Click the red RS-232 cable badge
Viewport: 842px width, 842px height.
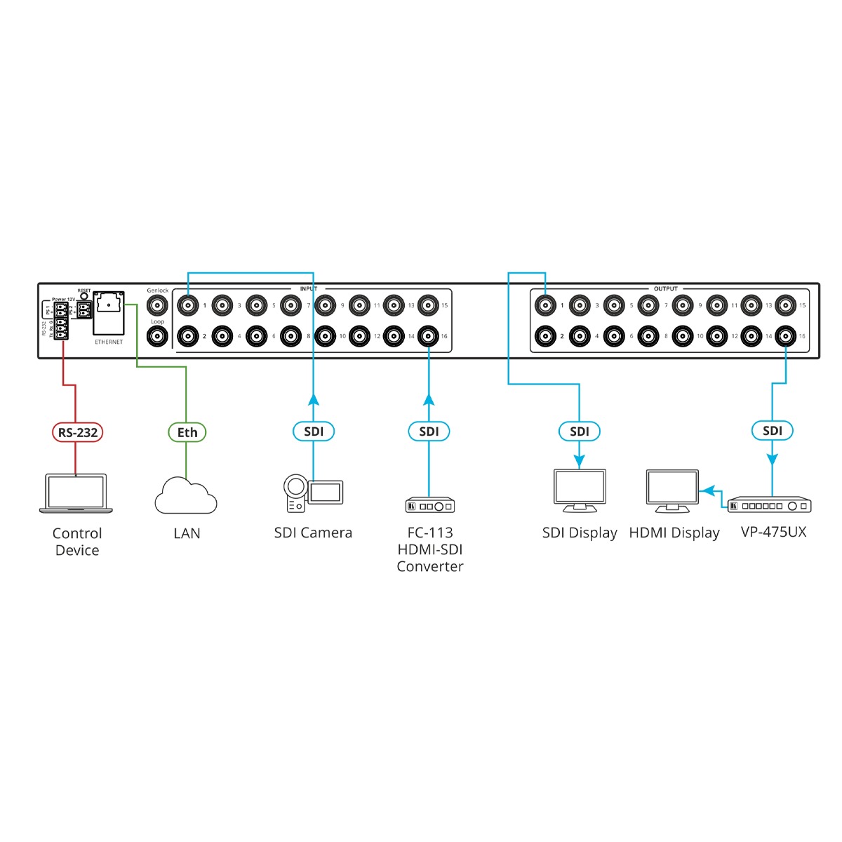(77, 432)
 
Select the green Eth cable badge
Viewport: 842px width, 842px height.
(187, 432)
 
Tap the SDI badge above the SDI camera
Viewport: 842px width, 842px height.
(313, 432)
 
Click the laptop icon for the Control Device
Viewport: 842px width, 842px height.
(76, 493)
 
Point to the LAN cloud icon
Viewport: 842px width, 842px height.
(186, 495)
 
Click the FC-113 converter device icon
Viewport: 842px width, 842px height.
(429, 505)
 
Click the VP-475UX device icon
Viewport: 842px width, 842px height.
(770, 505)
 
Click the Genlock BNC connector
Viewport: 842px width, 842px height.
(157, 306)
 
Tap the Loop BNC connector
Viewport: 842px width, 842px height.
(157, 337)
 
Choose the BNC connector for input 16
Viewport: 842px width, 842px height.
(428, 336)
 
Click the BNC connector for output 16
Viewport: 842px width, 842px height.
(786, 336)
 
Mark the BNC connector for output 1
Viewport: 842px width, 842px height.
(545, 305)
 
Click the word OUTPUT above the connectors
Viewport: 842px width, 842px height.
(665, 288)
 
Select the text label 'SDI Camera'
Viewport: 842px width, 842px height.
(313, 533)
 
